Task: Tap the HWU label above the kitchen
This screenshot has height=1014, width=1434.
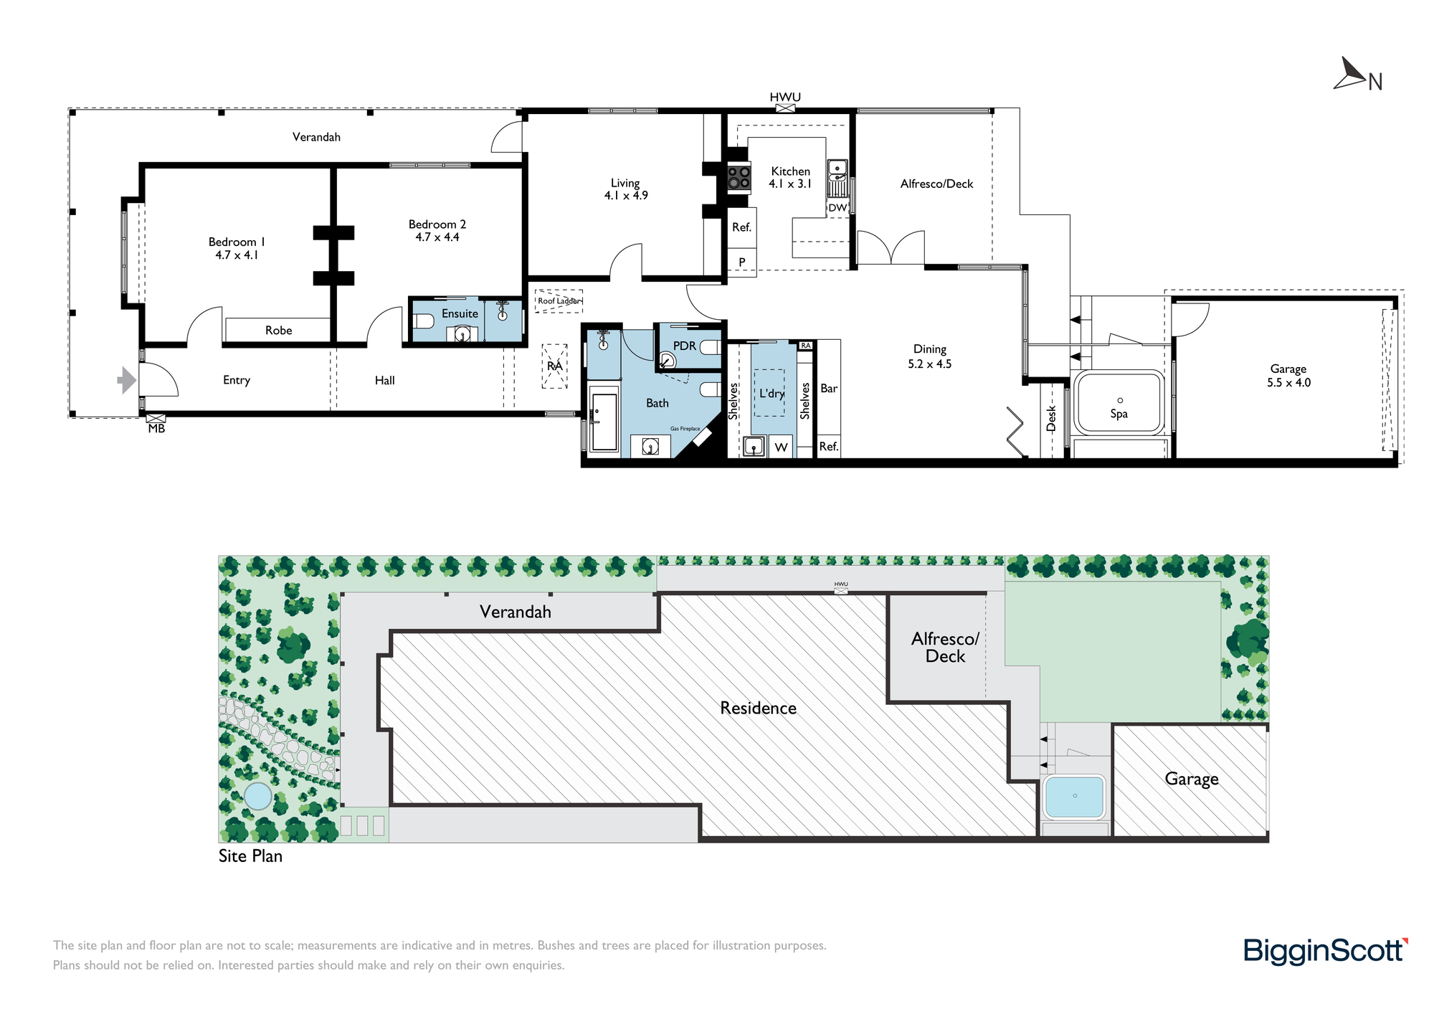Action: [x=785, y=97]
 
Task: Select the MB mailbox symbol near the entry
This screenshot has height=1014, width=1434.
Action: [x=156, y=417]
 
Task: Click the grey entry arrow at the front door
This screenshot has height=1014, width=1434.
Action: [x=127, y=380]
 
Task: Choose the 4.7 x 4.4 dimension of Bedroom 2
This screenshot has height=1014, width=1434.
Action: [x=437, y=237]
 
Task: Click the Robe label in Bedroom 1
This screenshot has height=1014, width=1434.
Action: [x=279, y=331]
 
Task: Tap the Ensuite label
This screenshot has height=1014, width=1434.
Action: [x=460, y=313]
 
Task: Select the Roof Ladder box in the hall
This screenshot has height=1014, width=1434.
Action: [x=559, y=301]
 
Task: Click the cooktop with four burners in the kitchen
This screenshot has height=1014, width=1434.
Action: [x=739, y=177]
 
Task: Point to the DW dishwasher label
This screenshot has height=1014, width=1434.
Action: [x=837, y=208]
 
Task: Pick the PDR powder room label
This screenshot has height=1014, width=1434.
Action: [x=685, y=346]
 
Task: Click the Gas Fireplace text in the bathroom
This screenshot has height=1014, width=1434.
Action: [x=685, y=429]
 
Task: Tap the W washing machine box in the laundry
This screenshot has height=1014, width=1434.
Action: [x=782, y=447]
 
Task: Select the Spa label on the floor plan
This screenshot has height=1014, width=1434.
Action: [x=1119, y=414]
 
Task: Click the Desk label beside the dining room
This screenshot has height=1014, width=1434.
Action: [x=1051, y=418]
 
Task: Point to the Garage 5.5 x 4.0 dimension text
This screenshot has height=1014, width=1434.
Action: [x=1288, y=383]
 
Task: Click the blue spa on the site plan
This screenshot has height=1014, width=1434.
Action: [x=1075, y=796]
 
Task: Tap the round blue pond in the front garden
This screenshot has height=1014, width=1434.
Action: [x=258, y=796]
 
